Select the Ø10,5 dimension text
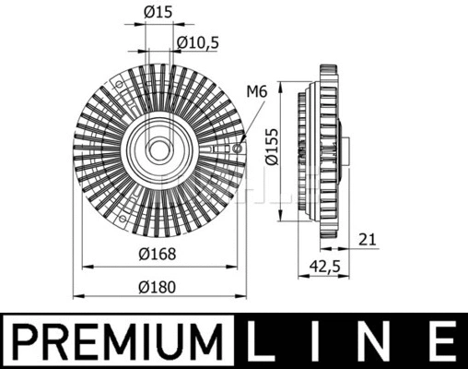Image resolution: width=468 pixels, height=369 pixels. tap(196, 42)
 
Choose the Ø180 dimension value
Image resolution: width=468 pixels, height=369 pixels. tap(158, 285)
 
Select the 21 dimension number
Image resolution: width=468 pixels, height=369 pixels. tap(368, 241)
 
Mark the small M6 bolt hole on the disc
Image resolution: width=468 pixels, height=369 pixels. tap(239, 148)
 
